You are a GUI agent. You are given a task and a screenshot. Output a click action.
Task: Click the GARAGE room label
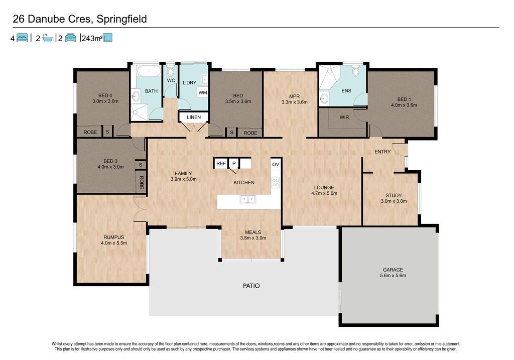(393, 270)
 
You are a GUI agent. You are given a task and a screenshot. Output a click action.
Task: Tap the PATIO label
(251, 286)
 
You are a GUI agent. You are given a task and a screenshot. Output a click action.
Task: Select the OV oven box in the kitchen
(276, 164)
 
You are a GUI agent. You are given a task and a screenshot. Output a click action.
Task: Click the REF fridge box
(221, 163)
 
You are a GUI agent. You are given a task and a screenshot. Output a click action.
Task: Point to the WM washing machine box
(203, 92)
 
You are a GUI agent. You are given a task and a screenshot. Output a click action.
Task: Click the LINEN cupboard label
(194, 117)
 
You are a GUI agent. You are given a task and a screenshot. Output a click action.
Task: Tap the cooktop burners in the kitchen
(276, 182)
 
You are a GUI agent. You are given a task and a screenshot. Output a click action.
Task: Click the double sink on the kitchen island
(247, 199)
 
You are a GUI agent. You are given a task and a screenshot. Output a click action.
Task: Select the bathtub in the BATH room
(149, 71)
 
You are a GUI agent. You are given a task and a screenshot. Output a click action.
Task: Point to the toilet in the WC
(171, 71)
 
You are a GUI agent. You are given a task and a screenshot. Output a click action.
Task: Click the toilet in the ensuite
(356, 71)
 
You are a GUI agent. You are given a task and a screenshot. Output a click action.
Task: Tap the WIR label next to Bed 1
(344, 117)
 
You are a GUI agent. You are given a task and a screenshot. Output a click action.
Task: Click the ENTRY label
(382, 152)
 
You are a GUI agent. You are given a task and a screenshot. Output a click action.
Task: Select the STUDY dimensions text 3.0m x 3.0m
(394, 201)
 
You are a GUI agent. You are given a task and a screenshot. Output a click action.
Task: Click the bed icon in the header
(22, 38)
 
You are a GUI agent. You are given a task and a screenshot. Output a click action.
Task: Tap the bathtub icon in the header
(48, 38)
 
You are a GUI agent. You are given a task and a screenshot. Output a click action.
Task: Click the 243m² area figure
(92, 38)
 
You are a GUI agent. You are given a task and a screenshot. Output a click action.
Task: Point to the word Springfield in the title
(122, 20)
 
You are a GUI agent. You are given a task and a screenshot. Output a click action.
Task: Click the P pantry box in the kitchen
(234, 163)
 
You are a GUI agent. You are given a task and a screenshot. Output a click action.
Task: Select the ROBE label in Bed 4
(90, 132)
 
